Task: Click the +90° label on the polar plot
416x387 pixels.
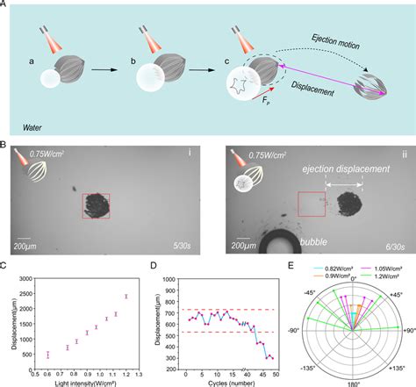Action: click(x=406, y=332)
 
